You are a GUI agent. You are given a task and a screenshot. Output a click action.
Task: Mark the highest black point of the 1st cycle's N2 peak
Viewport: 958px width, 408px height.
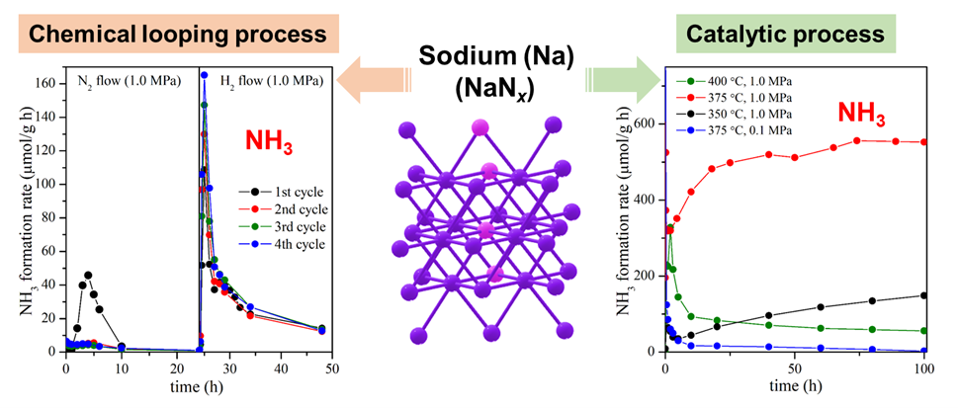point(88,275)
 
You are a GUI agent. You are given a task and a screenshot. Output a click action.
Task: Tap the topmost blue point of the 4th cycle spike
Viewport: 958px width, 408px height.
point(205,75)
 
